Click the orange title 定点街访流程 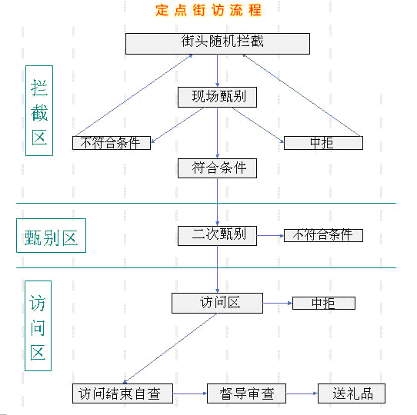(208, 11)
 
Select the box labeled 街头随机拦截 (218, 44)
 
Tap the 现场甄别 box (217, 97)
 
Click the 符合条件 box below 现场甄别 (217, 168)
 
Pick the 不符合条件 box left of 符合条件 (112, 143)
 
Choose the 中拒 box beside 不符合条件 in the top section (323, 143)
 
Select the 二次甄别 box (217, 236)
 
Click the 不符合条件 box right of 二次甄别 (323, 235)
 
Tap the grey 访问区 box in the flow (217, 303)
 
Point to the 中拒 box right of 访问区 (324, 303)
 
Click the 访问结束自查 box (122, 393)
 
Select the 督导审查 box (246, 393)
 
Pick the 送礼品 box (352, 393)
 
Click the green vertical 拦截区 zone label (39, 111)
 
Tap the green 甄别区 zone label (51, 235)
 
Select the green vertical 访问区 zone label (38, 326)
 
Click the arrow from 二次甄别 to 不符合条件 (271, 235)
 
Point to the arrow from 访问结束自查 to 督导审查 (190, 393)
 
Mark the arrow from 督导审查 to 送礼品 (302, 393)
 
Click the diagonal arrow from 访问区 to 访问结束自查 (170, 348)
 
